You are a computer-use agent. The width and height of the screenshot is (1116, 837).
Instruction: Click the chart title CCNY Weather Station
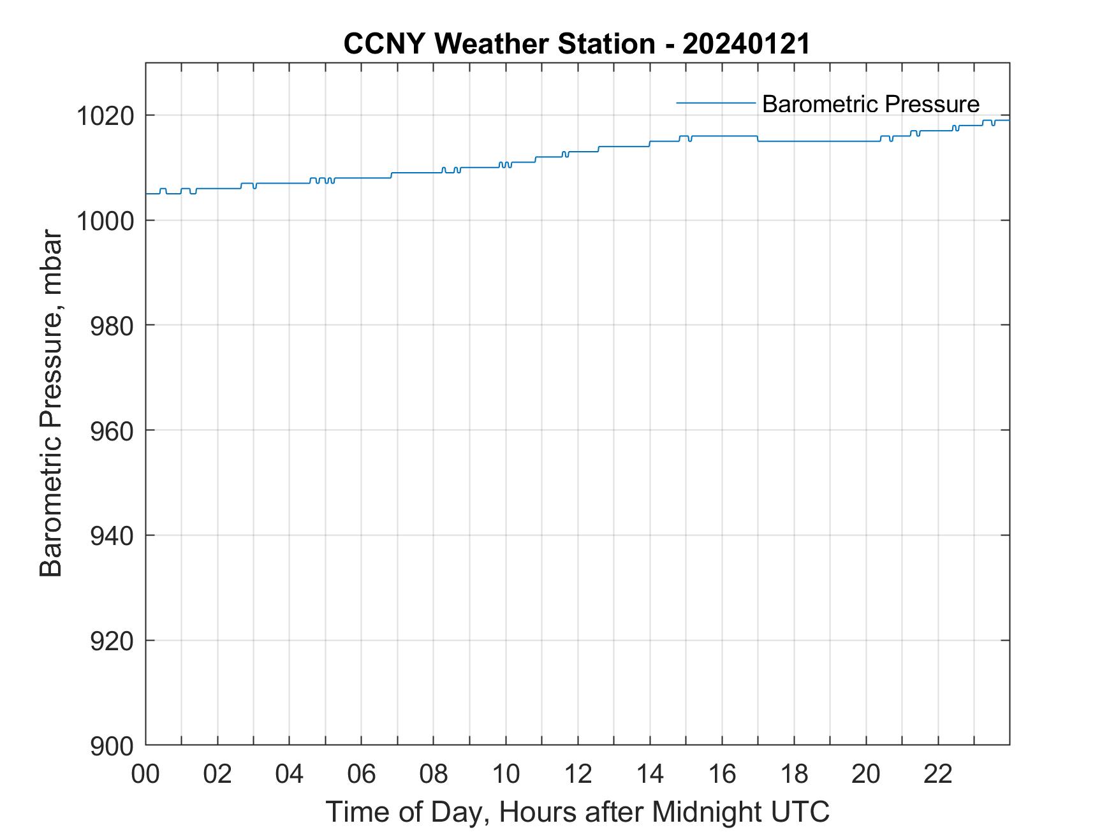pyautogui.click(x=499, y=44)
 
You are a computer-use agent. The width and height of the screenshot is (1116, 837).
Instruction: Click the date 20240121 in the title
pyautogui.click(x=746, y=44)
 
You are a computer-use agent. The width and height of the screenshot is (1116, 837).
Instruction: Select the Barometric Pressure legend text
pyautogui.click(x=870, y=104)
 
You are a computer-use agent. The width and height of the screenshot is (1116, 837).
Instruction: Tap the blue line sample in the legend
pyautogui.click(x=716, y=103)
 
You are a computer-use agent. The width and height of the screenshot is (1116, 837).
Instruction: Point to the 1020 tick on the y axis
pyautogui.click(x=105, y=117)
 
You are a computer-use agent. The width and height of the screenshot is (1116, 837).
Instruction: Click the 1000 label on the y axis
pyautogui.click(x=105, y=221)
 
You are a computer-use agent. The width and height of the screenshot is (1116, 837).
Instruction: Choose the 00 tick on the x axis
pyautogui.click(x=145, y=774)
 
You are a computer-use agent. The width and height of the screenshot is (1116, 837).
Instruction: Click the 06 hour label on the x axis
pyautogui.click(x=362, y=774)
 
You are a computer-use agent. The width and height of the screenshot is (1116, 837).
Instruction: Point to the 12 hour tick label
pyautogui.click(x=578, y=774)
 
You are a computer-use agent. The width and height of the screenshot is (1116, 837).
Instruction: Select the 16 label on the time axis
pyautogui.click(x=722, y=774)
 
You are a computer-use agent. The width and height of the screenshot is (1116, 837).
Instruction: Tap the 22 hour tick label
pyautogui.click(x=938, y=774)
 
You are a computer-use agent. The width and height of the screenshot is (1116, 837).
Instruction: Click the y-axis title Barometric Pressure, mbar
pyautogui.click(x=51, y=404)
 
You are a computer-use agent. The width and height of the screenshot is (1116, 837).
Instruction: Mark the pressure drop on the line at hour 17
pyautogui.click(x=758, y=138)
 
